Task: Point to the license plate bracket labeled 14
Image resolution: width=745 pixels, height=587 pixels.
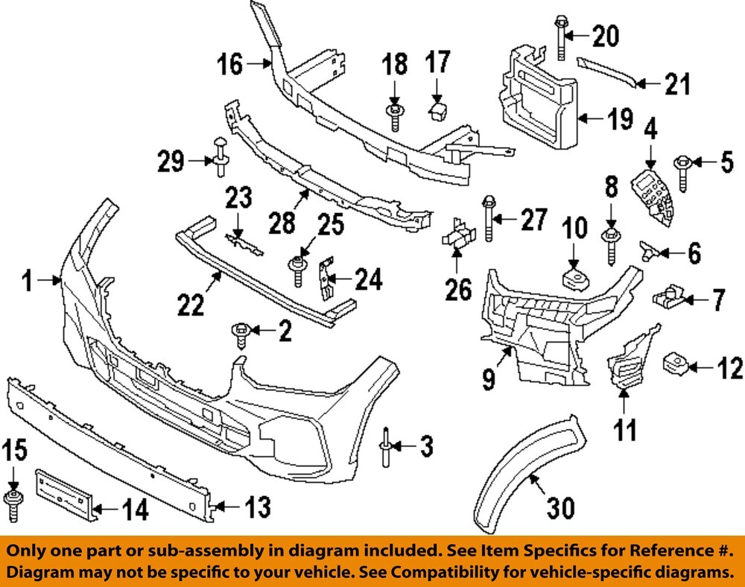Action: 65,492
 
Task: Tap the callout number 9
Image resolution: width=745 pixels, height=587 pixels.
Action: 489,381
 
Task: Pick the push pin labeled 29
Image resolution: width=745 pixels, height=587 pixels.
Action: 220,156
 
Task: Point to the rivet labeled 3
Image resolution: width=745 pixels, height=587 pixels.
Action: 388,446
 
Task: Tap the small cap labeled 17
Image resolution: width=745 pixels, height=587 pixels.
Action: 437,110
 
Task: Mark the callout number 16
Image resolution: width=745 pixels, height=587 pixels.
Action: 231,65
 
